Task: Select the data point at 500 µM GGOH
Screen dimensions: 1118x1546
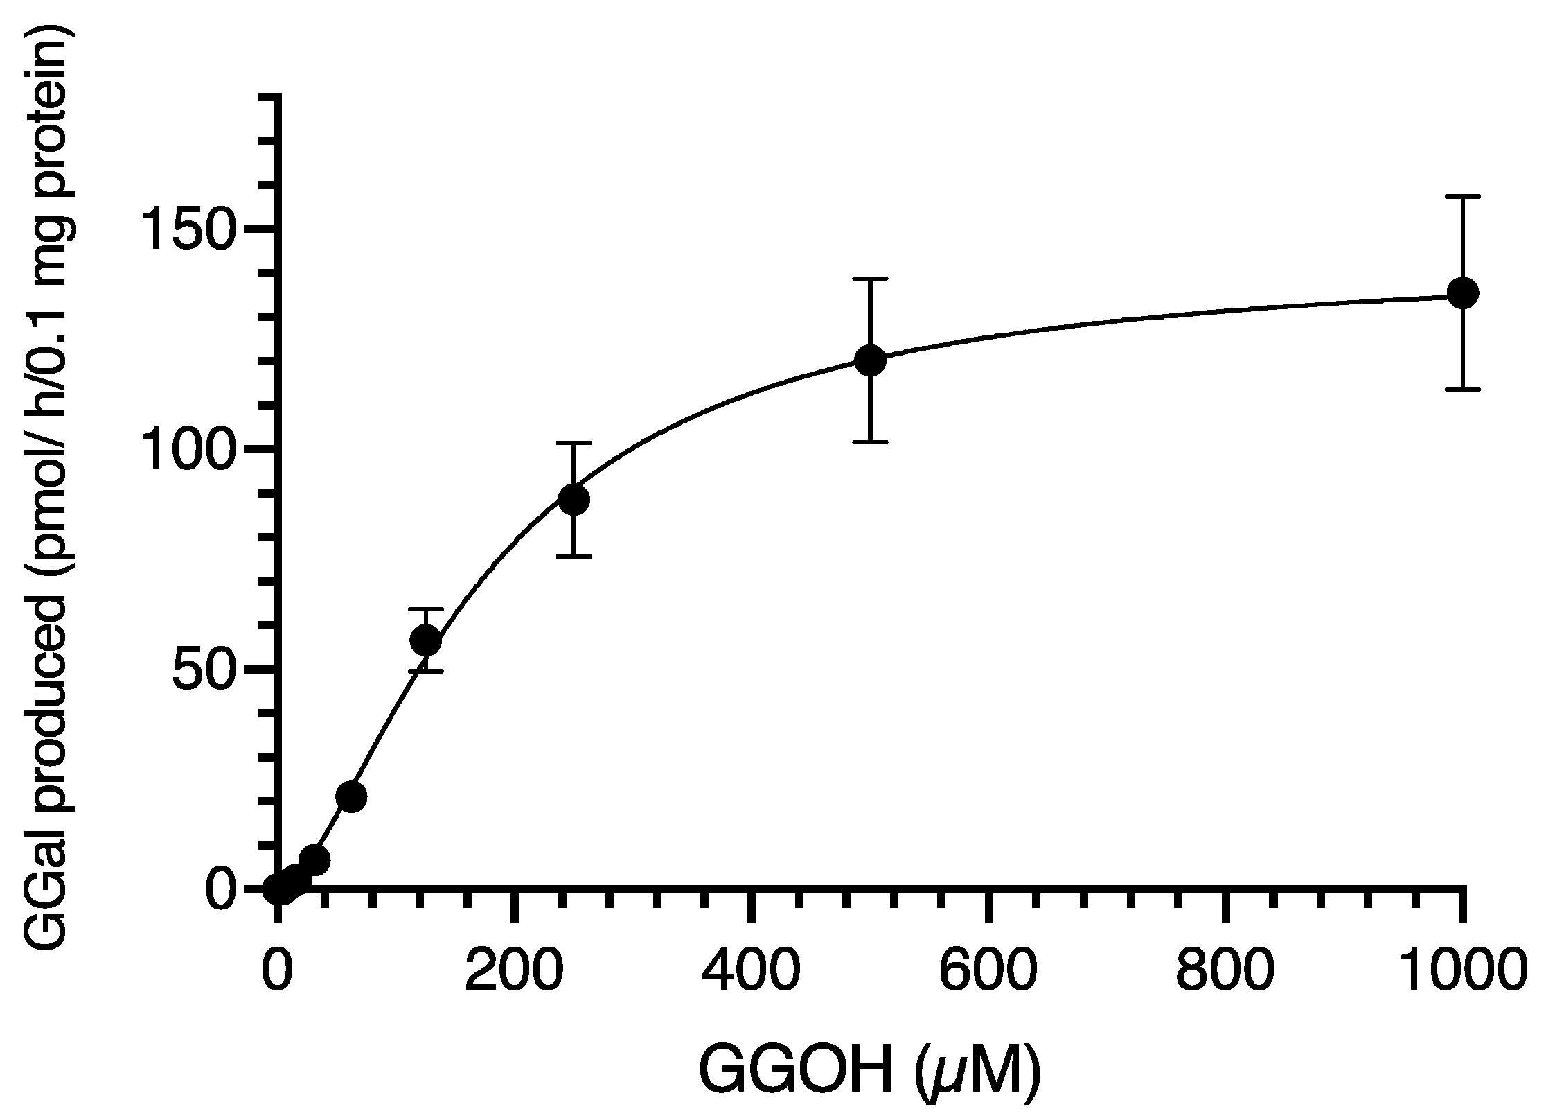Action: tap(870, 360)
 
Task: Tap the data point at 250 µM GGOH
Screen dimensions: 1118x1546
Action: tap(574, 499)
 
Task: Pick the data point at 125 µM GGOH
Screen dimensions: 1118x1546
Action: tap(425, 640)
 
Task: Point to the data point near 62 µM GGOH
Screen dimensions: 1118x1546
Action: tap(351, 797)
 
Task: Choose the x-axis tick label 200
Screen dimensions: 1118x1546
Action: tap(513, 972)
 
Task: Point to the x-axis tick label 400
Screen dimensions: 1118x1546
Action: tap(751, 972)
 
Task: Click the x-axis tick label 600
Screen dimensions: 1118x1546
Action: tap(988, 972)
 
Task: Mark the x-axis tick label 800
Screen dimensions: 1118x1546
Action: tap(1225, 972)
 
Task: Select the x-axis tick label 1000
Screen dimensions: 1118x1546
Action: tap(1462, 972)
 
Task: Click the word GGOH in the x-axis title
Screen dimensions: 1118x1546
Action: tap(793, 1076)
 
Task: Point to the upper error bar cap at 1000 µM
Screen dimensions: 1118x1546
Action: tap(1462, 198)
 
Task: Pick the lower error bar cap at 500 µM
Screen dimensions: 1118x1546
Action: tap(870, 442)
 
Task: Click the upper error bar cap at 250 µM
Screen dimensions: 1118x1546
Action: tap(574, 443)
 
